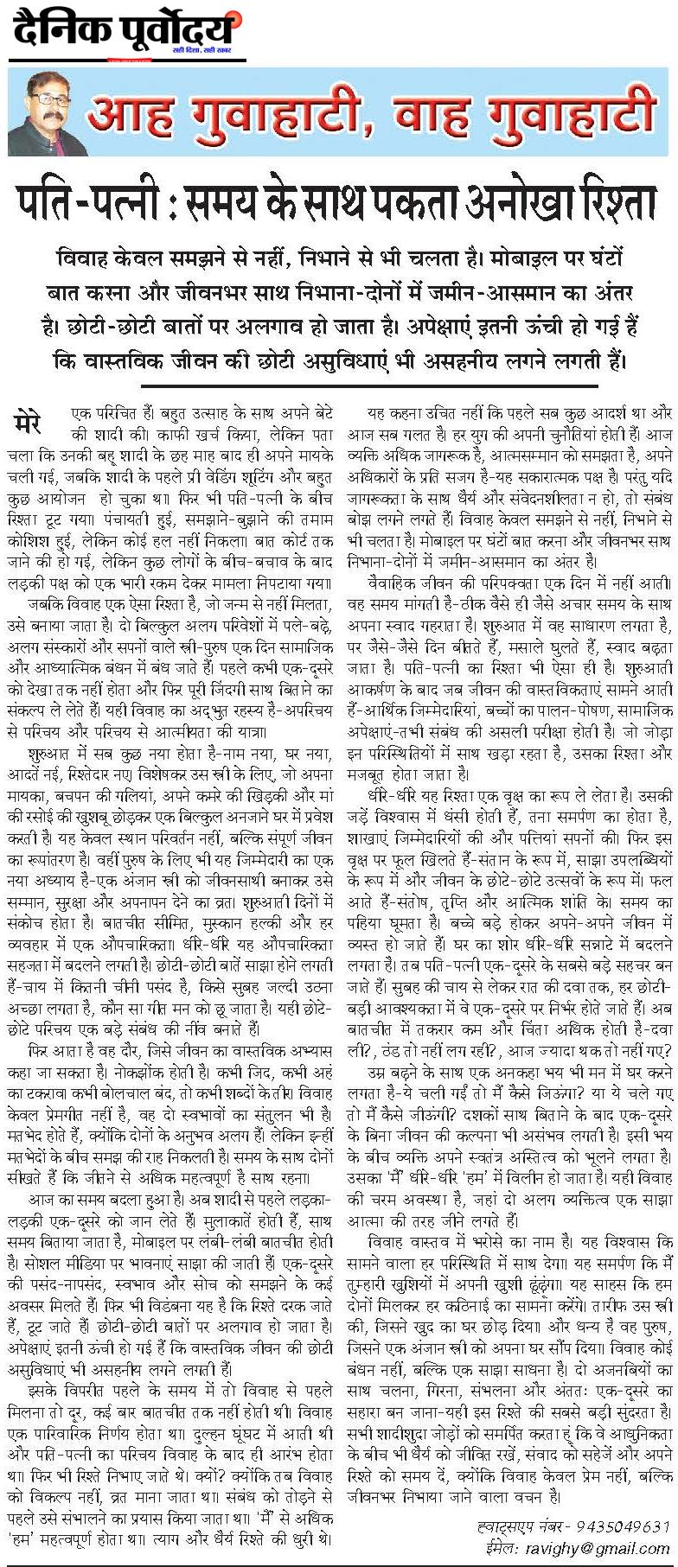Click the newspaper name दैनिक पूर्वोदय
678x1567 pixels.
[124, 34]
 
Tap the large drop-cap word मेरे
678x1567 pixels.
[35, 423]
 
